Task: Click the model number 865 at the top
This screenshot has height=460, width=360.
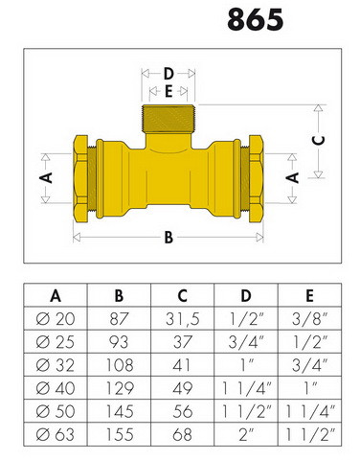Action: pyautogui.click(x=256, y=19)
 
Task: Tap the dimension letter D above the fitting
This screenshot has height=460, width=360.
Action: pyautogui.click(x=169, y=74)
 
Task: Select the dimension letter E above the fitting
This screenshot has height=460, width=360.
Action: pyautogui.click(x=169, y=92)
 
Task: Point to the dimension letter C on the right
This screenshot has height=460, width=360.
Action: pyautogui.click(x=318, y=140)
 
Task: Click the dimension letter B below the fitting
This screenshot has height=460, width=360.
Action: pyautogui.click(x=169, y=238)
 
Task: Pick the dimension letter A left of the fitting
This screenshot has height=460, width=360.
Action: pyautogui.click(x=46, y=177)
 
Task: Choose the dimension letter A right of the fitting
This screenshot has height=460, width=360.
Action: pyautogui.click(x=292, y=177)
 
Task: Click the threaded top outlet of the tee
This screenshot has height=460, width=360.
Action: pyautogui.click(x=169, y=119)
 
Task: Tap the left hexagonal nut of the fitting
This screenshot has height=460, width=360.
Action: pyautogui.click(x=80, y=178)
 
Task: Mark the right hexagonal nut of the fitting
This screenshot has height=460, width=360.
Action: pyautogui.click(x=256, y=178)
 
